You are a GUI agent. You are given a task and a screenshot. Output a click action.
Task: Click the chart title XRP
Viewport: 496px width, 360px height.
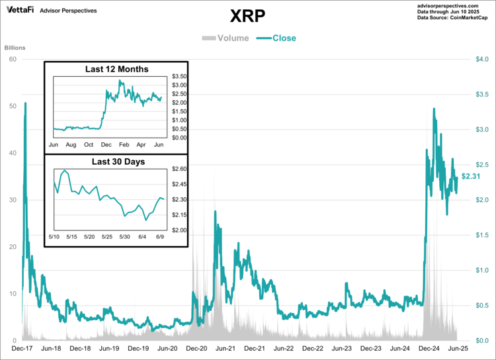pyautogui.click(x=248, y=15)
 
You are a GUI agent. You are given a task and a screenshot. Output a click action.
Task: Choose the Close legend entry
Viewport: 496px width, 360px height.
pyautogui.click(x=277, y=38)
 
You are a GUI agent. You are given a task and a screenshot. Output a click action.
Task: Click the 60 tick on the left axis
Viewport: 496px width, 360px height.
pyautogui.click(x=12, y=60)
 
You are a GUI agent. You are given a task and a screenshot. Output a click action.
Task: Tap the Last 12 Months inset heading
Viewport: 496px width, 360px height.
pyautogui.click(x=116, y=69)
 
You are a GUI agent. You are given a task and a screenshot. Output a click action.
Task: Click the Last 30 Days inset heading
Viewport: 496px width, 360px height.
pyautogui.click(x=116, y=161)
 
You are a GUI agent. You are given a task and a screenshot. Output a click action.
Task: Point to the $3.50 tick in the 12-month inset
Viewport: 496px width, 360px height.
pyautogui.click(x=180, y=77)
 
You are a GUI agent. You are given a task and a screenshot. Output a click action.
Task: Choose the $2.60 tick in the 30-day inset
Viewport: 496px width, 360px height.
pyautogui.click(x=180, y=169)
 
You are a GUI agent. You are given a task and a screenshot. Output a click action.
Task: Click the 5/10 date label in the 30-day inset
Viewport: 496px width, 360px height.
pyautogui.click(x=54, y=236)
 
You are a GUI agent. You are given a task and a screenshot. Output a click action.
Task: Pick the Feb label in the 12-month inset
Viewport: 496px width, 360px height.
pyautogui.click(x=124, y=144)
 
